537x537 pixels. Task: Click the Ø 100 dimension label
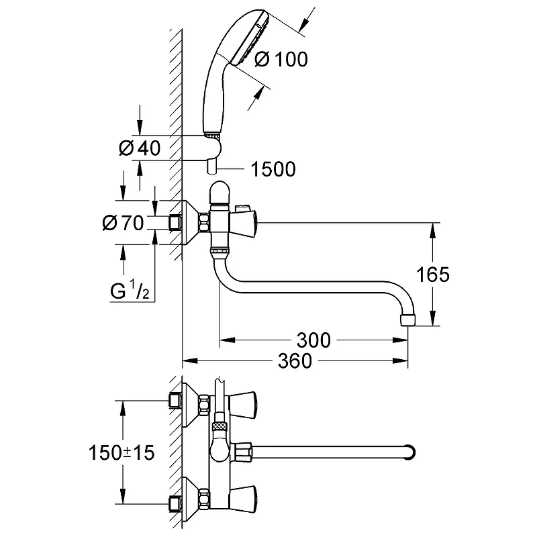coord(281,59)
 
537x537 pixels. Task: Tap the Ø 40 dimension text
coord(140,148)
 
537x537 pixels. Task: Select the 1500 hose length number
coord(273,169)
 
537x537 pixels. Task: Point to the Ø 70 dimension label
coord(123,223)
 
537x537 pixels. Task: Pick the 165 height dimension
coord(432,275)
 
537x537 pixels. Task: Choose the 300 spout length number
coord(313,340)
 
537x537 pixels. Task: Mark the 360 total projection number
coord(295,360)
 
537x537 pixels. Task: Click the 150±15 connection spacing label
coord(121,452)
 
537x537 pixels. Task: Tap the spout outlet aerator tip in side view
coord(407,319)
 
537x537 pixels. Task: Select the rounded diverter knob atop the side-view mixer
coord(221,193)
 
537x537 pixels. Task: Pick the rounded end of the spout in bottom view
coord(409,452)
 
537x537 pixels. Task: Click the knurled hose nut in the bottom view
coord(219,426)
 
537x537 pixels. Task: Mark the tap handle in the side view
coord(244,223)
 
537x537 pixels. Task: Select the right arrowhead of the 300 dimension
coord(400,340)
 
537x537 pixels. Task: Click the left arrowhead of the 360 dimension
coord(190,360)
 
